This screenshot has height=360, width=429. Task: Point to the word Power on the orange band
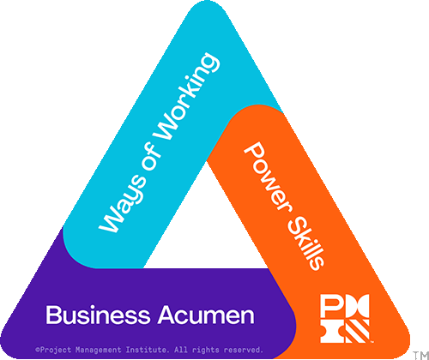pos(269,177)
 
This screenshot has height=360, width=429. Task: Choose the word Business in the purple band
pos(98,315)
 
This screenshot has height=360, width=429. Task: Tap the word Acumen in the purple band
pos(207,315)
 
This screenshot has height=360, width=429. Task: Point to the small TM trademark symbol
pos(421,355)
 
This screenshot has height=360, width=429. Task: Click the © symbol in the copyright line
pos(38,350)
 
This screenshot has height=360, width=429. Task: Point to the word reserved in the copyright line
pos(243,350)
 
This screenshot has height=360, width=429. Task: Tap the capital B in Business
pos(52,315)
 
